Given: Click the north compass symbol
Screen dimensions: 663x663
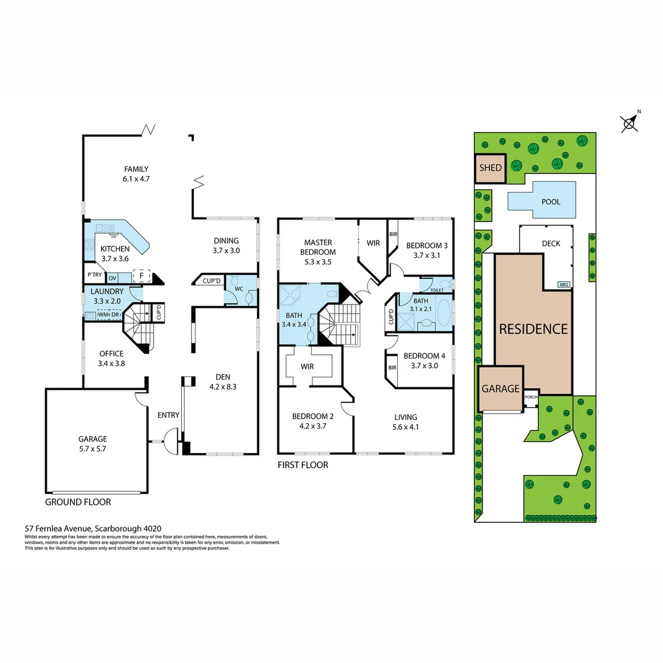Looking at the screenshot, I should click(x=629, y=123).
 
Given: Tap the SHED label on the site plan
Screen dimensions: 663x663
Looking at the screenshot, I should click(x=490, y=168).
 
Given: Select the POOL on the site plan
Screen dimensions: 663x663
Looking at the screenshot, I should click(x=551, y=201).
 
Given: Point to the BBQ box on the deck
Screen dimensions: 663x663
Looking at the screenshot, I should click(x=564, y=284).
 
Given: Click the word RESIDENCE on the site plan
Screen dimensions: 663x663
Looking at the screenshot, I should click(x=533, y=329).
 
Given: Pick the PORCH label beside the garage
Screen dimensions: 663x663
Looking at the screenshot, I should click(x=531, y=397).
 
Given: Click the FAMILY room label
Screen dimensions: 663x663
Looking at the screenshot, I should click(x=136, y=169).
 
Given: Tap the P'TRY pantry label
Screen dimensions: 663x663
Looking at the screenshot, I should click(x=94, y=276).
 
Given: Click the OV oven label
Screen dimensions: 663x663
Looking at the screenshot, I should click(x=112, y=278).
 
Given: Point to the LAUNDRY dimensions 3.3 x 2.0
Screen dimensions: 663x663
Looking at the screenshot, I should click(x=107, y=301).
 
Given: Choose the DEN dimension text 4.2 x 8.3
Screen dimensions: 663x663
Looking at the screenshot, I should click(x=222, y=387).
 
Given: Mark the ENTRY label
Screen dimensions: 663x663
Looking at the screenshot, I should click(x=168, y=415).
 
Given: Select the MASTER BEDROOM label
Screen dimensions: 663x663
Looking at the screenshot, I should click(x=317, y=247).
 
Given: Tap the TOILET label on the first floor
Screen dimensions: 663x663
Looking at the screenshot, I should click(x=436, y=290).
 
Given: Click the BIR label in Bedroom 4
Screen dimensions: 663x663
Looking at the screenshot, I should click(x=392, y=368).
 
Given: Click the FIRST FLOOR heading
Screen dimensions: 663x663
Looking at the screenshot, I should click(x=303, y=465).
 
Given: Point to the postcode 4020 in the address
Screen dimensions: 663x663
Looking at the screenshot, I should click(x=153, y=527).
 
